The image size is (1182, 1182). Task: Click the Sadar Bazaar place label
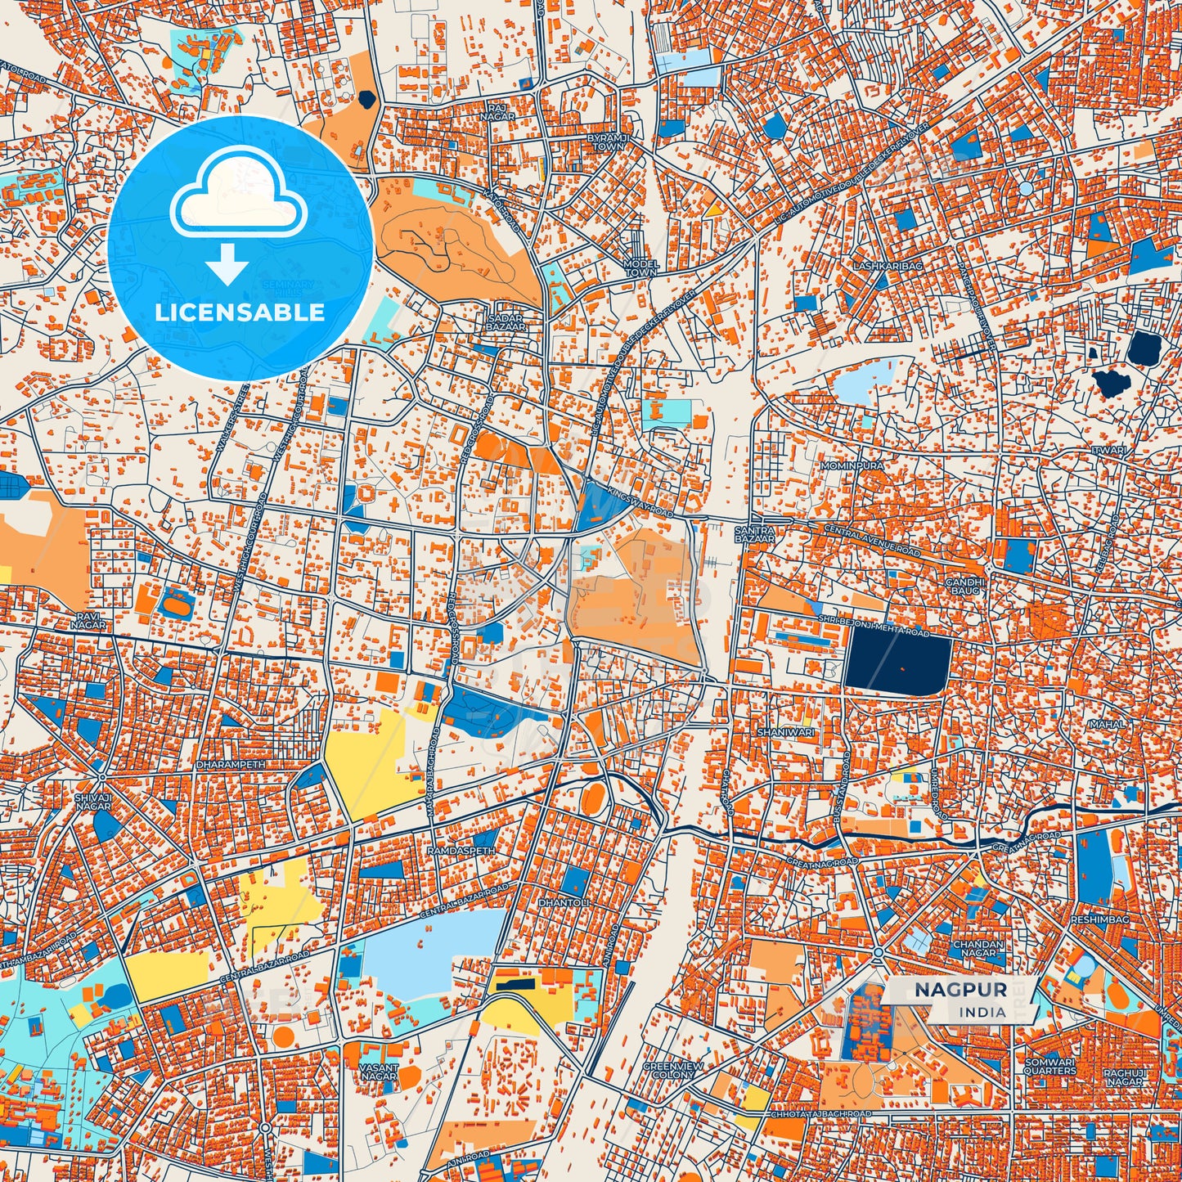(506, 321)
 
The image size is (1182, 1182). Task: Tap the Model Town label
(640, 267)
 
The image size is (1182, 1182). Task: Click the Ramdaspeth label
(461, 851)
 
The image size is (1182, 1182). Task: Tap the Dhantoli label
(563, 902)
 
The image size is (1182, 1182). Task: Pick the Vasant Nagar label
(379, 1072)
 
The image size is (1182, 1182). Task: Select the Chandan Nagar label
(978, 948)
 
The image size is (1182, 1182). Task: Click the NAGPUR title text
(960, 990)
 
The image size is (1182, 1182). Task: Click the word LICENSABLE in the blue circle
(240, 312)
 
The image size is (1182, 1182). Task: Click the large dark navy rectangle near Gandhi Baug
(898, 663)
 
